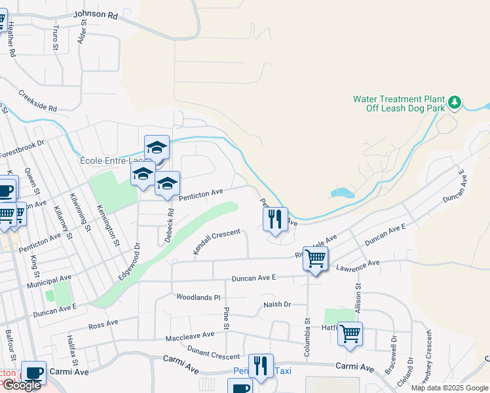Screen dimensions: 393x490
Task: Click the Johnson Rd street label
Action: [96, 14]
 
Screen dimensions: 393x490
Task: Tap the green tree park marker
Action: [455, 102]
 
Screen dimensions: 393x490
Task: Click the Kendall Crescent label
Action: [217, 242]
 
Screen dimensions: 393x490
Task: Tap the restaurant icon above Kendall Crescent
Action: [275, 219]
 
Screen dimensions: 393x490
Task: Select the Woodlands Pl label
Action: [198, 297]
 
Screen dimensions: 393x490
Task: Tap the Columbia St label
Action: [307, 337]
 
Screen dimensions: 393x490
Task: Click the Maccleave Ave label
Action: [190, 335]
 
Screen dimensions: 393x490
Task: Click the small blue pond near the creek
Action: [341, 193]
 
